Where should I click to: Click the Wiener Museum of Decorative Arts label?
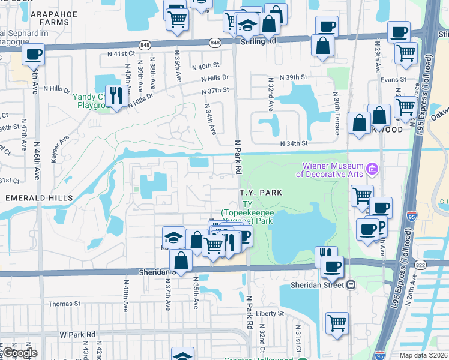[x=330, y=170]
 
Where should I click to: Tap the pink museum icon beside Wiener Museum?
[x=372, y=169]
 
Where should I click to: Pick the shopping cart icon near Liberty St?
[x=337, y=322]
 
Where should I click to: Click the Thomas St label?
[x=64, y=304]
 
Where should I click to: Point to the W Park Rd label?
[x=77, y=334]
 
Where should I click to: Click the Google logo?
[x=19, y=353]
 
